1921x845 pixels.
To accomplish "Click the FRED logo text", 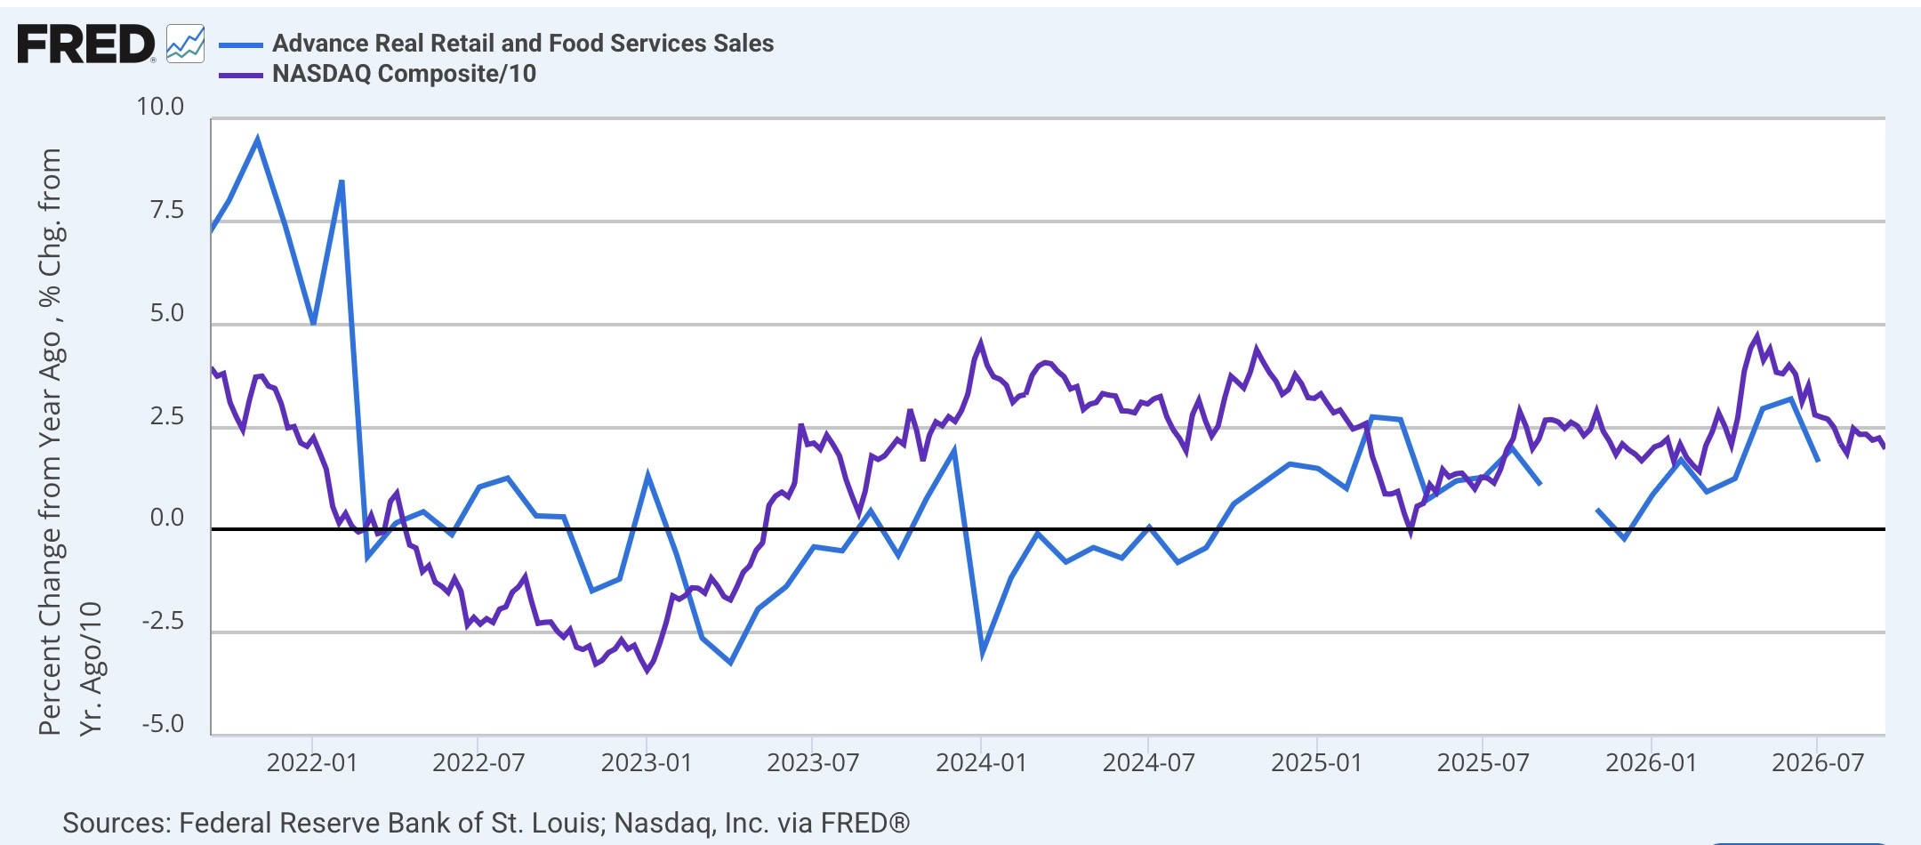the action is coord(85,44).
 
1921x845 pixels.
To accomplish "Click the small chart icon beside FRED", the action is coord(185,44).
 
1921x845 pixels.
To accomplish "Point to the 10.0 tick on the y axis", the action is coord(160,107).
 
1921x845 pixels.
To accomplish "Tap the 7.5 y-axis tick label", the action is coord(167,210).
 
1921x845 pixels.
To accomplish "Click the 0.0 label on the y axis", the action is coord(167,518).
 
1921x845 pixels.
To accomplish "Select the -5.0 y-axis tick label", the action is coord(163,723).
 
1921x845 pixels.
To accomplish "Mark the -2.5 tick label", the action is coord(163,620).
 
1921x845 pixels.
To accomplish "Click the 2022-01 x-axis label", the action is coord(312,763).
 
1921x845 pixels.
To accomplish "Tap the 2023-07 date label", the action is coord(813,763).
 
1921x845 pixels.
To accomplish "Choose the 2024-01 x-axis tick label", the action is coord(981,763).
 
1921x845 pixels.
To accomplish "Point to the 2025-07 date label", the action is coord(1483,763).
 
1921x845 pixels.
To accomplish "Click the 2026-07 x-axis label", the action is coord(1818,763).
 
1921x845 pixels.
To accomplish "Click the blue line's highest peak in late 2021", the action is coord(258,138).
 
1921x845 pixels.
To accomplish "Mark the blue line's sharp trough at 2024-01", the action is coord(983,654).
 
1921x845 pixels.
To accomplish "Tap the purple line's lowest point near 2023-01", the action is coord(647,671).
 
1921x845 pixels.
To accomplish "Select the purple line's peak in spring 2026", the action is coord(1756,335).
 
